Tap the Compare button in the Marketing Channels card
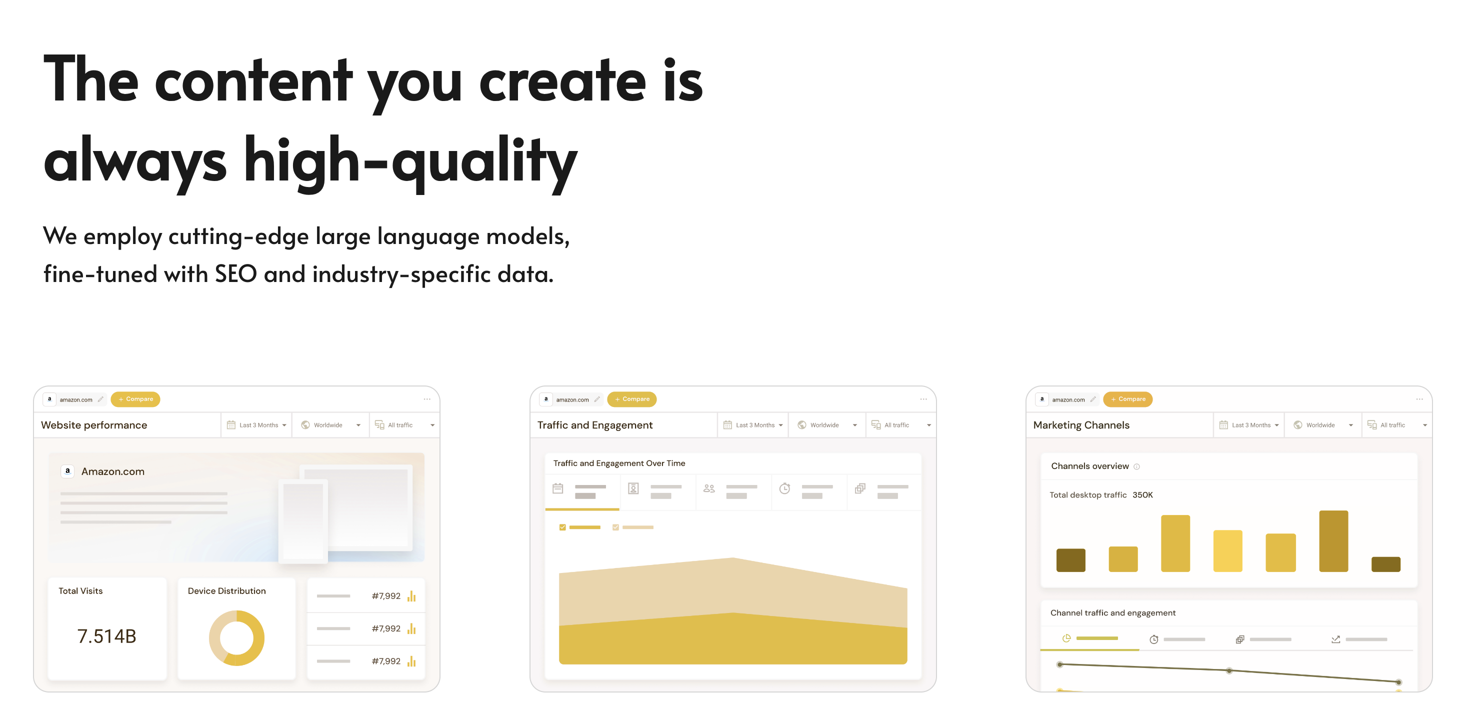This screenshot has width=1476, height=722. [x=1127, y=399]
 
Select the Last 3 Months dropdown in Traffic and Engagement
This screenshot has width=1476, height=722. [x=753, y=425]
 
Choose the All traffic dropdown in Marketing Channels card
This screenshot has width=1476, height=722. [x=1396, y=425]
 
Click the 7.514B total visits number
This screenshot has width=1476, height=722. [x=106, y=636]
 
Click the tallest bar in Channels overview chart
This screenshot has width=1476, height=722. [x=1333, y=541]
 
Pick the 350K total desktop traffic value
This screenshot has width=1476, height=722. [x=1142, y=495]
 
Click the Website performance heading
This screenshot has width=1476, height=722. [x=94, y=425]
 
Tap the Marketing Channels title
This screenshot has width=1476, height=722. [x=1081, y=425]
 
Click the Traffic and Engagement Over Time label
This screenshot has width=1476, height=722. [x=619, y=463]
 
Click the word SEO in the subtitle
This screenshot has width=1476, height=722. [x=235, y=274]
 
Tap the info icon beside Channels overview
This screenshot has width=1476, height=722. [x=1137, y=466]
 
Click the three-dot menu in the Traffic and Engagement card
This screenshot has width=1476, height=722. [x=923, y=399]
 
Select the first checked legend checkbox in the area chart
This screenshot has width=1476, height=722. [x=562, y=527]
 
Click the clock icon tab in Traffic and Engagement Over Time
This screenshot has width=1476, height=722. [x=784, y=489]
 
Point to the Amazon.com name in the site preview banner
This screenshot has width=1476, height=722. [x=113, y=471]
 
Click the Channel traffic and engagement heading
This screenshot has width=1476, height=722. [x=1112, y=613]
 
